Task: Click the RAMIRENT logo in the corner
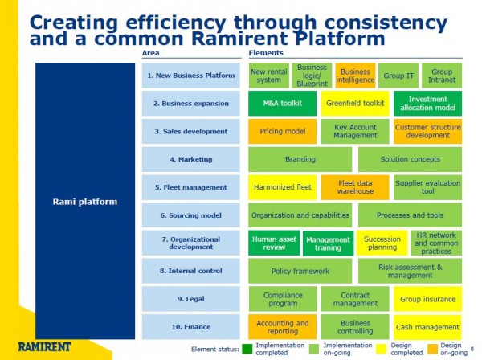(x=44, y=347)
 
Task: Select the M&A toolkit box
(x=282, y=104)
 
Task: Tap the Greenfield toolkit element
(x=355, y=104)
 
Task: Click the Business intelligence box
(x=355, y=76)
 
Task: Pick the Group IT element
(x=398, y=76)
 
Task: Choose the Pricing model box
(x=282, y=131)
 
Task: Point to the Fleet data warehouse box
(x=355, y=187)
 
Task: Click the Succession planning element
(x=382, y=243)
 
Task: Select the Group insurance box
(x=427, y=299)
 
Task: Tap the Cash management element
(x=427, y=327)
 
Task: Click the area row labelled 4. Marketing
(x=191, y=159)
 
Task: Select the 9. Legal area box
(x=191, y=299)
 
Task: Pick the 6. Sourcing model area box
(x=191, y=215)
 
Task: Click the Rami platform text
(x=85, y=202)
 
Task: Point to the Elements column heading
(x=266, y=53)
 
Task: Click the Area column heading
(x=151, y=53)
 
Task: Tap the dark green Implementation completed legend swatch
(x=247, y=349)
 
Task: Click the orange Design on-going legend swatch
(x=433, y=349)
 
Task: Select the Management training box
(x=328, y=243)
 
